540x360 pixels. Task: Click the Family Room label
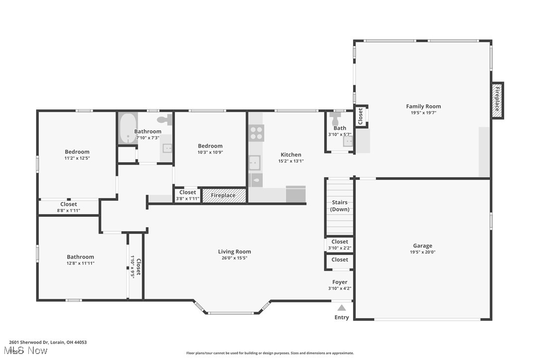[x=423, y=106]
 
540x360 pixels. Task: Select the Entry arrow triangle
[x=342, y=308]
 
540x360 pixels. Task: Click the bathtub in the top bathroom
[x=128, y=128]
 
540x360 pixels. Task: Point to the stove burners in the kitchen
[x=257, y=133]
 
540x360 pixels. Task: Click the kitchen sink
[x=255, y=163]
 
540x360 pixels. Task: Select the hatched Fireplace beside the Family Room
[x=497, y=100]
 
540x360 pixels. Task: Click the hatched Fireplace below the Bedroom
[x=224, y=195]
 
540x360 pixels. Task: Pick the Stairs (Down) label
[x=340, y=206]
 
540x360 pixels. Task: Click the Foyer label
[x=340, y=282]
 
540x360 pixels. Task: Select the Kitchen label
[x=291, y=155]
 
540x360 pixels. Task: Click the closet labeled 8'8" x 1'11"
[x=69, y=207]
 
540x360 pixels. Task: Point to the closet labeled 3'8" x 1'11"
[x=187, y=195]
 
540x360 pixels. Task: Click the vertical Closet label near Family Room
[x=360, y=116]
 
